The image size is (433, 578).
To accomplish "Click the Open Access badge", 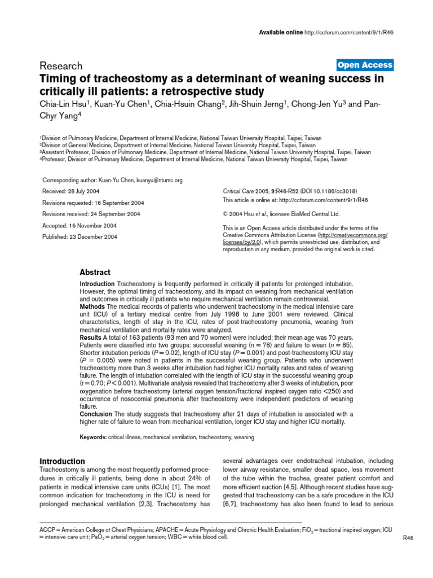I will click(x=364, y=65).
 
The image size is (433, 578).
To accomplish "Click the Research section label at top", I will click(x=61, y=66).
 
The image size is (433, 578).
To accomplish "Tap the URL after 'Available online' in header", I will click(x=349, y=32).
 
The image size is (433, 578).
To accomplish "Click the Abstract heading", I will click(x=95, y=272).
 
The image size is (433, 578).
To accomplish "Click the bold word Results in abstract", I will click(x=91, y=336).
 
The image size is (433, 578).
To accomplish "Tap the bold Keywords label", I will click(x=92, y=437).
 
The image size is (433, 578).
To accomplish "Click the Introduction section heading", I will click(x=62, y=461).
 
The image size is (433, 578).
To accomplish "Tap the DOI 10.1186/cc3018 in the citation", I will click(x=329, y=191).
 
